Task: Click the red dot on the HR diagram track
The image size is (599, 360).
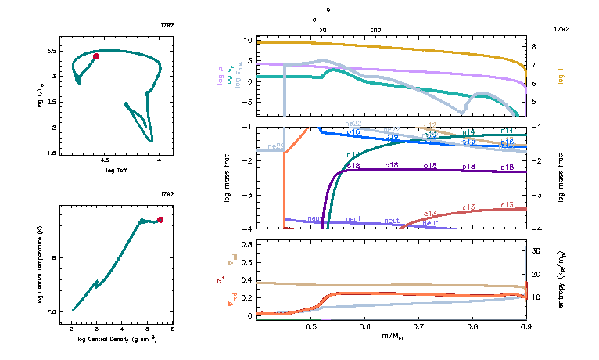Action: tap(95, 56)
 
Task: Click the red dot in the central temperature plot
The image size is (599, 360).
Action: tap(160, 220)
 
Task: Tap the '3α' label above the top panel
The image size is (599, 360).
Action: tap(322, 29)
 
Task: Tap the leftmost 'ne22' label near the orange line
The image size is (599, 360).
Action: tap(275, 146)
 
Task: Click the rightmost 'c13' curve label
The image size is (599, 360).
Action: tap(507, 204)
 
